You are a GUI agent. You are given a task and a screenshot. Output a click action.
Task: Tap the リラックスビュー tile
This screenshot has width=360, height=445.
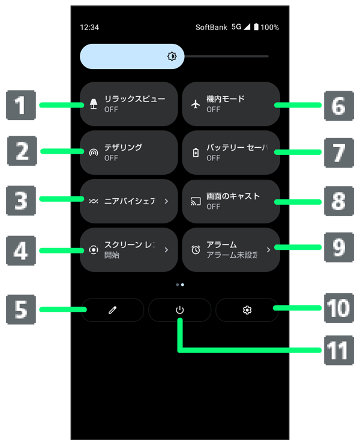click(x=128, y=104)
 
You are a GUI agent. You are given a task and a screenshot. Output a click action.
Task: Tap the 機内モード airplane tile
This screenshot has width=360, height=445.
click(x=231, y=104)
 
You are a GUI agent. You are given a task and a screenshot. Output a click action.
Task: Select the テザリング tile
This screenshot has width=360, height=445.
click(x=128, y=153)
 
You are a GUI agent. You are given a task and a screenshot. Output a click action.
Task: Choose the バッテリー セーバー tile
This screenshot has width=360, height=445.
click(x=231, y=153)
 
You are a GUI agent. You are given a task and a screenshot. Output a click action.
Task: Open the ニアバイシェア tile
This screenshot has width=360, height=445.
click(x=128, y=201)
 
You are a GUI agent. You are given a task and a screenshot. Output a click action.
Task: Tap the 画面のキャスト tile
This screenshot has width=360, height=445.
click(x=231, y=201)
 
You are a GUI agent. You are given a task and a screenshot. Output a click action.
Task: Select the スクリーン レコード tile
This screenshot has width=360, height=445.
click(x=128, y=249)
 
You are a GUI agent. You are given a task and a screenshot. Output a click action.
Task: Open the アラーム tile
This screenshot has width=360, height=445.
click(x=231, y=249)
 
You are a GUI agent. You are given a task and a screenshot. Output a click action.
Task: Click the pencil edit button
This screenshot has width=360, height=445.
click(x=113, y=310)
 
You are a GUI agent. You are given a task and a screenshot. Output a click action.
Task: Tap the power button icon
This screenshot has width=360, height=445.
click(x=179, y=310)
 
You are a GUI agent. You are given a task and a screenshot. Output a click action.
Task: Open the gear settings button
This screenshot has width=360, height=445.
click(x=247, y=310)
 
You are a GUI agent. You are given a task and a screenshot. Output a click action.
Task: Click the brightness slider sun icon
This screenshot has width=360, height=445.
click(x=172, y=56)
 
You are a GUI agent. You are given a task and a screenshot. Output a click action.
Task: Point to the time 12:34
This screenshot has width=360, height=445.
click(x=89, y=27)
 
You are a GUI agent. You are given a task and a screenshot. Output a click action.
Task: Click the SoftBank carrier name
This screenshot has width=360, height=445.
click(x=211, y=27)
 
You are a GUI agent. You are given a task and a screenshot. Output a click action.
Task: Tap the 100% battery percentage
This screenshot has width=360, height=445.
click(x=269, y=27)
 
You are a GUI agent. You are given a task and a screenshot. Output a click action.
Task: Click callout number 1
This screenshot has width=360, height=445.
click(x=21, y=106)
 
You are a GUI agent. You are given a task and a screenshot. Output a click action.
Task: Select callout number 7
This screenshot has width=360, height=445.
click(x=338, y=153)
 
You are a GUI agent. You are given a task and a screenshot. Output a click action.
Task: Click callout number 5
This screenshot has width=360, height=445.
click(x=21, y=310)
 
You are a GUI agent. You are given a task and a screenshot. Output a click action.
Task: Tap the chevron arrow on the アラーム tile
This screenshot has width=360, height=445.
click(x=268, y=249)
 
